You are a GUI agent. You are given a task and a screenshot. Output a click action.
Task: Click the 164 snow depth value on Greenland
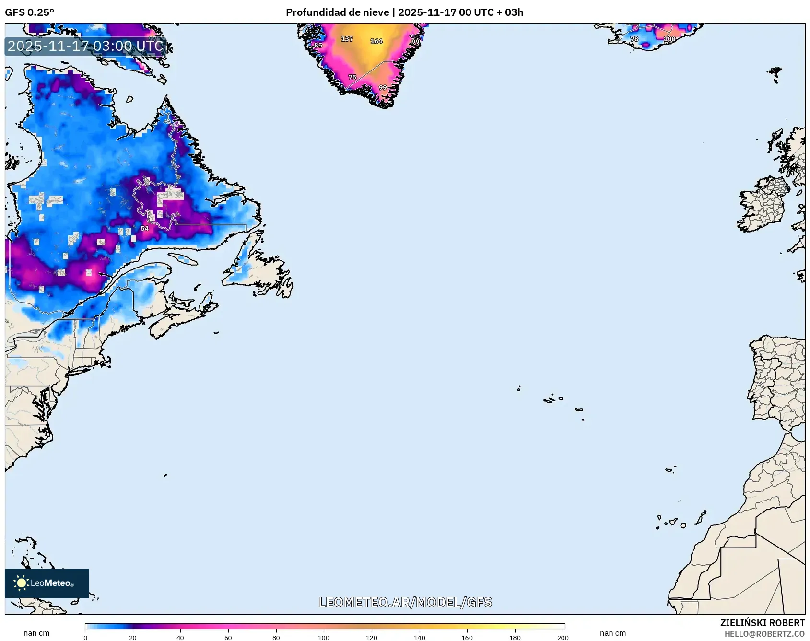coord(376,41)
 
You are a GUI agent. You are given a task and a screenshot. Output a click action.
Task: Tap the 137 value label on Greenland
coord(347,39)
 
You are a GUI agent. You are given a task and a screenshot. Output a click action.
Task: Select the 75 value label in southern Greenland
coord(352,77)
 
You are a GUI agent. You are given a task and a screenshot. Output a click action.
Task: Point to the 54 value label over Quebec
coord(145,228)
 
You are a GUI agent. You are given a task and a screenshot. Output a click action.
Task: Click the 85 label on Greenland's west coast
coord(318,45)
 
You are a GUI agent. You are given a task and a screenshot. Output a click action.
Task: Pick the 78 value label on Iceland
coord(634,39)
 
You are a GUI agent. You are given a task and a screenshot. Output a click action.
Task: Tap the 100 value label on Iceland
coord(669,39)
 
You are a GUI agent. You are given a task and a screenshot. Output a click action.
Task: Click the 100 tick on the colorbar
coord(324,637)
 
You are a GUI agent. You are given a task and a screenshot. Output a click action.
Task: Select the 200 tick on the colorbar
coord(563,637)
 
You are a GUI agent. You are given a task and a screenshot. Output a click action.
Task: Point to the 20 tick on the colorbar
coord(133,637)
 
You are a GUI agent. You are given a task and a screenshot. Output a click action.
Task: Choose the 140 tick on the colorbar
coord(420,637)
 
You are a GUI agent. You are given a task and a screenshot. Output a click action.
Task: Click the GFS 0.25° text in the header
coord(30,12)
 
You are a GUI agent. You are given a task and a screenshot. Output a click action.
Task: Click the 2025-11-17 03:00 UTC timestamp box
coord(85,46)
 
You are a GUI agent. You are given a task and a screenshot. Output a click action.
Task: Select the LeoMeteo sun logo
coord(22,583)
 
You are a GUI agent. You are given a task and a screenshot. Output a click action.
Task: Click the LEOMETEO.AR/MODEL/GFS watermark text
coord(405,602)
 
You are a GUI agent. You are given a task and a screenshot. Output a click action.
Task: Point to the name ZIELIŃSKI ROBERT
coord(762,623)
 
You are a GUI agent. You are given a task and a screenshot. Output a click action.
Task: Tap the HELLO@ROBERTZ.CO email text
coord(764,634)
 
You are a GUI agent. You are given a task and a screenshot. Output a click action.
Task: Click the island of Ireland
coord(763,206)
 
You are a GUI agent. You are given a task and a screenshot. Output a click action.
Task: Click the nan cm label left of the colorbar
coord(36,633)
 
